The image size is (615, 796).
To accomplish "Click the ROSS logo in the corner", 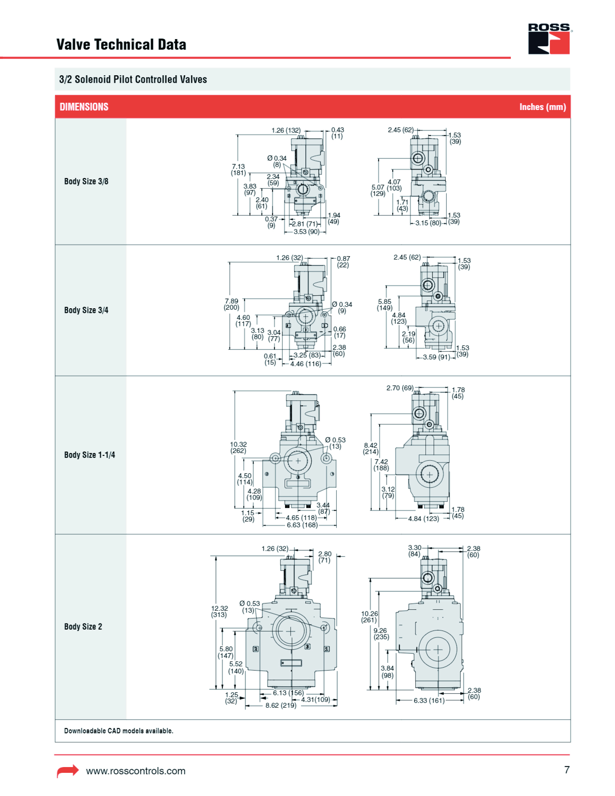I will tap(549, 39).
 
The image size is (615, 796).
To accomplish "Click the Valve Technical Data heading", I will tap(121, 45).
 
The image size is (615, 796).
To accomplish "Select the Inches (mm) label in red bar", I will tap(542, 107).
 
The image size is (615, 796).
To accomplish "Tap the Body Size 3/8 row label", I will tap(86, 182).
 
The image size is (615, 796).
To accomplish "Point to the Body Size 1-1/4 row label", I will tap(89, 455).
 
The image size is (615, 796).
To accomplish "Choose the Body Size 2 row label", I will tap(83, 627).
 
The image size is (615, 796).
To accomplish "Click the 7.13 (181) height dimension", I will tap(238, 170).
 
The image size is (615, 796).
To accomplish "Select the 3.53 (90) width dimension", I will tap(306, 232).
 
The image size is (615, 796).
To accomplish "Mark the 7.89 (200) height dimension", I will tap(232, 304).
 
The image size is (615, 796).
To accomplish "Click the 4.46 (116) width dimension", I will tap(305, 364).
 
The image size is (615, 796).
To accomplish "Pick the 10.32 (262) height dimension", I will tap(238, 448).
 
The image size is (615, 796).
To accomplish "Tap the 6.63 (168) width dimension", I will tap(302, 525).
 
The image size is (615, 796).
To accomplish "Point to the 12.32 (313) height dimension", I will tap(219, 611).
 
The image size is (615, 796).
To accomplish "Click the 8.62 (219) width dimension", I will tap(280, 706).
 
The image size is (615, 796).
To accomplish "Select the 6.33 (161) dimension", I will tap(429, 700).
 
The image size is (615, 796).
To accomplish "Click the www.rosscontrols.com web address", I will tap(136, 771).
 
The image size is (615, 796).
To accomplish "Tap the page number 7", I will tap(567, 770).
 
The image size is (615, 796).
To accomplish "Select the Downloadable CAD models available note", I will tap(118, 731).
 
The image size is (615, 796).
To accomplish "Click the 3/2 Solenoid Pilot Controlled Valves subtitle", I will tap(133, 80).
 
